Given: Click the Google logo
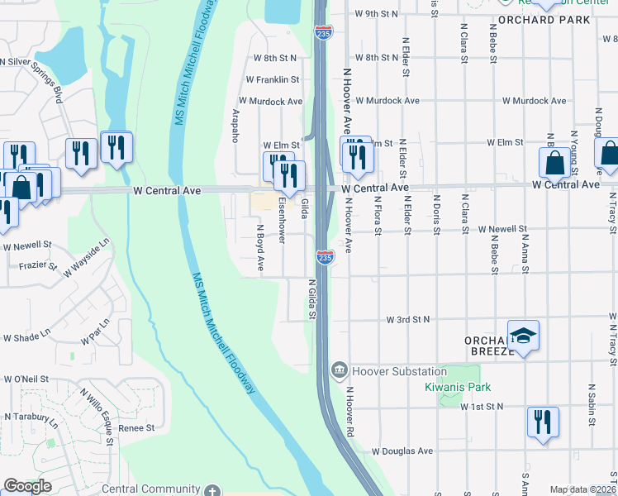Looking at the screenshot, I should click(27, 486).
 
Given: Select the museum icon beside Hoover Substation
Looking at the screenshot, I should click(339, 370).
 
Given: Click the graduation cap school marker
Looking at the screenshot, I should click(523, 336).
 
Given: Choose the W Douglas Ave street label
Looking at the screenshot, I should click(402, 451).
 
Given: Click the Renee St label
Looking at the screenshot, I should click(137, 428).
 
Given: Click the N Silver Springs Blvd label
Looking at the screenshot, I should click(31, 74).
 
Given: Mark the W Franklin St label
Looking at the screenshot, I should click(272, 79).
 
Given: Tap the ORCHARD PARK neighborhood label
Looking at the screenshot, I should click(544, 19).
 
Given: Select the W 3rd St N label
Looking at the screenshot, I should click(411, 319).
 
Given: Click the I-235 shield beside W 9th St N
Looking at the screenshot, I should click(323, 32).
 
